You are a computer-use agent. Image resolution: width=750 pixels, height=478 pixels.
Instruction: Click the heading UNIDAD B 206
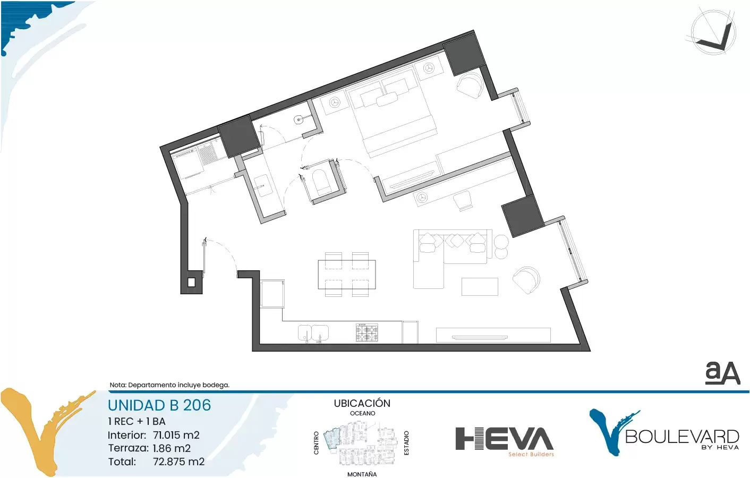pyautogui.click(x=159, y=405)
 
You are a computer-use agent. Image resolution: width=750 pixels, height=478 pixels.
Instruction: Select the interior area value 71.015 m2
pyautogui.click(x=176, y=435)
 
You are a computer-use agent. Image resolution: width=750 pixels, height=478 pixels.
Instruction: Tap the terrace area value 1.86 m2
pyautogui.click(x=172, y=448)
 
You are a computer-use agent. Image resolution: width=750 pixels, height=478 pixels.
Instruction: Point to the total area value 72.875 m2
pyautogui.click(x=179, y=462)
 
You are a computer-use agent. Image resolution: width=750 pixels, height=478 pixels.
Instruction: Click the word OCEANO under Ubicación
pyautogui.click(x=363, y=413)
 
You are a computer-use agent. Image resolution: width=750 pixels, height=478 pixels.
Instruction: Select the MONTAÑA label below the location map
pyautogui.click(x=362, y=474)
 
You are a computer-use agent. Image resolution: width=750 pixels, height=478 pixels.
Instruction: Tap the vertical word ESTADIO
pyautogui.click(x=406, y=443)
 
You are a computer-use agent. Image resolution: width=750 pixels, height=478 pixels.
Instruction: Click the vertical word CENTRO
pyautogui.click(x=316, y=443)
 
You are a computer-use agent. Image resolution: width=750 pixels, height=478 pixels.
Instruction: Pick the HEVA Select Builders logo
pyautogui.click(x=505, y=442)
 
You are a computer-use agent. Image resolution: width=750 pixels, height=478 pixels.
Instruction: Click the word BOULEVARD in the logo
pyautogui.click(x=682, y=437)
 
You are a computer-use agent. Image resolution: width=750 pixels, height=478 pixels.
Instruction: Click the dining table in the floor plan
pyautogui.click(x=347, y=275)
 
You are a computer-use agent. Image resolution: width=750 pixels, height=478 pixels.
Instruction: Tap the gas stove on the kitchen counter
pyautogui.click(x=367, y=332)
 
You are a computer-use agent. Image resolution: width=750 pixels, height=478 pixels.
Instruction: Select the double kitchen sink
pyautogui.click(x=313, y=334)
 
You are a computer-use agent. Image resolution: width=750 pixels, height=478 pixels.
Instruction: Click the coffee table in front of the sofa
pyautogui.click(x=480, y=287)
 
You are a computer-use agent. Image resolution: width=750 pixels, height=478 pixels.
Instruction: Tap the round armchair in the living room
pyautogui.click(x=526, y=280)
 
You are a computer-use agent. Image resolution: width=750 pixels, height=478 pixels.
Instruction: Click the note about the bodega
pyautogui.click(x=169, y=385)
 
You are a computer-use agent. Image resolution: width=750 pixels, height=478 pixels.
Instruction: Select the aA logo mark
pyautogui.click(x=722, y=373)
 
